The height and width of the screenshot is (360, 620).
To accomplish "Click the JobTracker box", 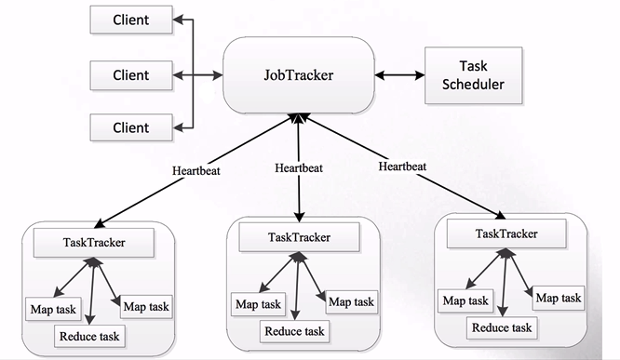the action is point(299,75).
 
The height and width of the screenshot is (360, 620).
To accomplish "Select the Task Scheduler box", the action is point(473,75).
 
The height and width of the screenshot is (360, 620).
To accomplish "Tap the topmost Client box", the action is point(131,20).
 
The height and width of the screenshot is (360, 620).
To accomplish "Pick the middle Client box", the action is point(131,75).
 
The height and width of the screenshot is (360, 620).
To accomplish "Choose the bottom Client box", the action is point(131,127).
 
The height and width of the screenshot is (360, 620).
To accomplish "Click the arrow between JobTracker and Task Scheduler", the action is point(399,75).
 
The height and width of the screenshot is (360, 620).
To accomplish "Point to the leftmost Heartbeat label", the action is point(196,171).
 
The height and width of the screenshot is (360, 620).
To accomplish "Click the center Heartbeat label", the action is point(299,168).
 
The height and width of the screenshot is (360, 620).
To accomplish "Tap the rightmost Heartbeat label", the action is point(402,167).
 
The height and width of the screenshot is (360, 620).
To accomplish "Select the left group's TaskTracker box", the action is point(94,243).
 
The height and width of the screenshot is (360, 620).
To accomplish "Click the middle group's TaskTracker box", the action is point(300,237).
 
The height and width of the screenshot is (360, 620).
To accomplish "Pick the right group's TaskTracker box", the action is point(506,233).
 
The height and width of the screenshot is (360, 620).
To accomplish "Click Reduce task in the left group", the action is point(89,337).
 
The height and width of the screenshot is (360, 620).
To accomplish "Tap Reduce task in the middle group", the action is point(294,331).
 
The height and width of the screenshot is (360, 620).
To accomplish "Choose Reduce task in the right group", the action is point(502,327).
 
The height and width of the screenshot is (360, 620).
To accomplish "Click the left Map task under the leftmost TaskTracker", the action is point(53,309).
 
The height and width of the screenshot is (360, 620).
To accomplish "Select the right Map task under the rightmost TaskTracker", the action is point(559,298).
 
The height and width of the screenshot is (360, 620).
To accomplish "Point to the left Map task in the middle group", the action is point(258,304).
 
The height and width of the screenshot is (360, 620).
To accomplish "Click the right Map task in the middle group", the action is point(351,302).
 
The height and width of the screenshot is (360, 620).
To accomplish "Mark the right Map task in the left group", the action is point(146,306).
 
